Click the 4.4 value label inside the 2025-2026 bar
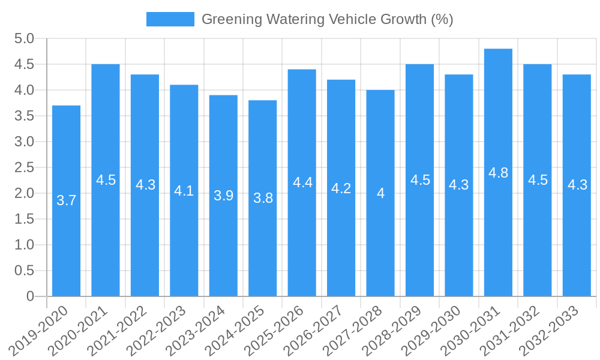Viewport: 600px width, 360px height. [302, 182]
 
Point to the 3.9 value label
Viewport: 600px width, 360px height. [223, 196]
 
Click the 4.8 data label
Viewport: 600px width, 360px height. [498, 173]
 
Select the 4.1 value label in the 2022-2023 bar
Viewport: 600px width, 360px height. [184, 191]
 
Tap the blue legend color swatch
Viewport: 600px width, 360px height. [170, 19]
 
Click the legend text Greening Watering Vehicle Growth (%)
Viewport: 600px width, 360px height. [327, 19]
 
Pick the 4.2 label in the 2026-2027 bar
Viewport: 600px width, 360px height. [341, 188]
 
